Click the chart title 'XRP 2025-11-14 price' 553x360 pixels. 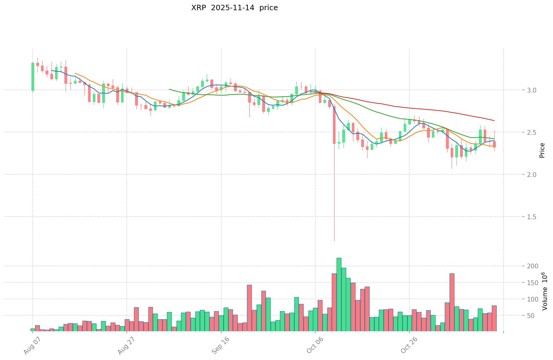tap(234, 8)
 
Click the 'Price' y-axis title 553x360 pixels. tap(542, 150)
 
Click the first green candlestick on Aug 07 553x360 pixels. tap(33, 77)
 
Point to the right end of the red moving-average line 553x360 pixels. tap(494, 120)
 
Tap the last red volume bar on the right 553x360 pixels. tap(494, 318)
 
